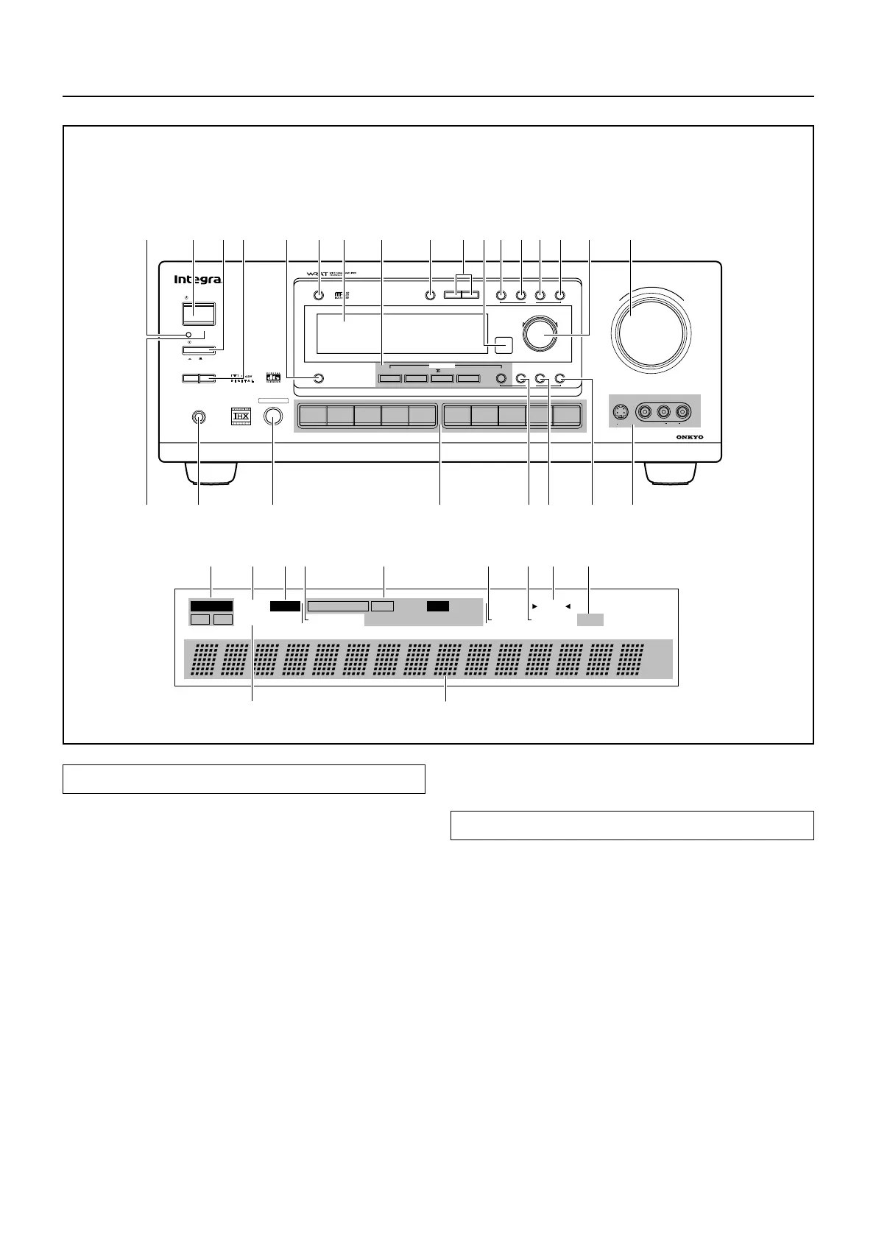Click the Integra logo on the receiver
click(197, 280)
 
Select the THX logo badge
click(241, 416)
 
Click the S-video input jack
click(622, 412)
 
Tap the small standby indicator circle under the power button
click(189, 335)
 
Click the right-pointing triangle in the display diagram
click(535, 606)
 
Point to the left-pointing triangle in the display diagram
click(567, 606)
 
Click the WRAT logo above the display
click(314, 275)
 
